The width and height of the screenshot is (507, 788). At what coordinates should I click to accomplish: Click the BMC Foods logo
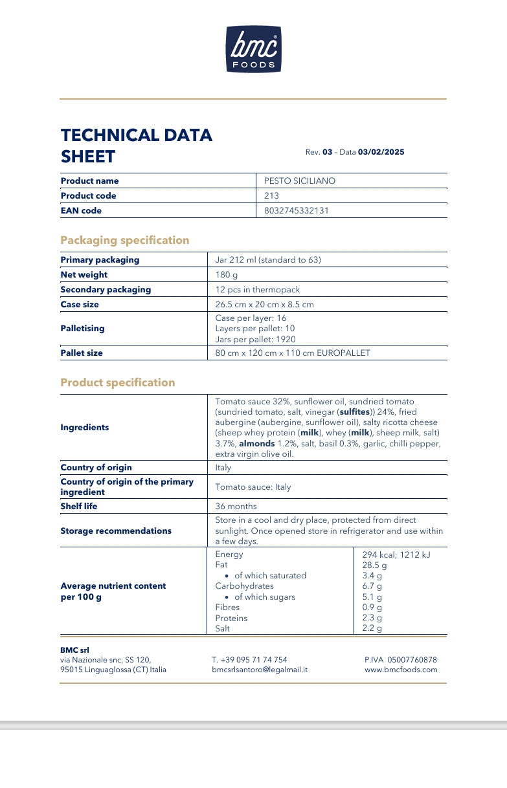(x=253, y=49)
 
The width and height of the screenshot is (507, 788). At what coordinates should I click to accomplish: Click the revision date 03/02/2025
(x=381, y=152)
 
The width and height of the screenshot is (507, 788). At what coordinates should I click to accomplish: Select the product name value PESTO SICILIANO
(x=300, y=181)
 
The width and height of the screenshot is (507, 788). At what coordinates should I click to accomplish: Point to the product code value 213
(x=271, y=196)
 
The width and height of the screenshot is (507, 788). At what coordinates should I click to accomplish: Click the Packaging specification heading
(x=125, y=241)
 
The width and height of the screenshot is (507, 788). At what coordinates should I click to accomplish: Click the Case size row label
(x=80, y=305)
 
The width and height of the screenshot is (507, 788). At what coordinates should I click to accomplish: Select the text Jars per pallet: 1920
(x=255, y=340)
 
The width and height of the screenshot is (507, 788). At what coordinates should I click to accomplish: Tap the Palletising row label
(x=82, y=329)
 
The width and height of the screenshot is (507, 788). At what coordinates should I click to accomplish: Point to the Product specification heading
(x=118, y=383)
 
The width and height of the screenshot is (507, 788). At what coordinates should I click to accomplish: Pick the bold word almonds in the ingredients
(x=257, y=444)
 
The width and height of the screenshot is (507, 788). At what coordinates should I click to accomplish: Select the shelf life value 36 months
(x=236, y=507)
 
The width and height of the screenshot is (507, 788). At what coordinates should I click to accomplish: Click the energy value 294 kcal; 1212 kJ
(x=396, y=555)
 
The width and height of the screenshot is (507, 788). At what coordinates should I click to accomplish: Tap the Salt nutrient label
(x=222, y=628)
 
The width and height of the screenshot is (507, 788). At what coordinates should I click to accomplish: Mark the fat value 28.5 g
(x=374, y=565)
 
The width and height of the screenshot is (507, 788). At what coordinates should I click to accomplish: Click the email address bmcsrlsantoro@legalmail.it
(x=260, y=670)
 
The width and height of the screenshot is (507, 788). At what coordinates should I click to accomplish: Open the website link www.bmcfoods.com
(x=401, y=670)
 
